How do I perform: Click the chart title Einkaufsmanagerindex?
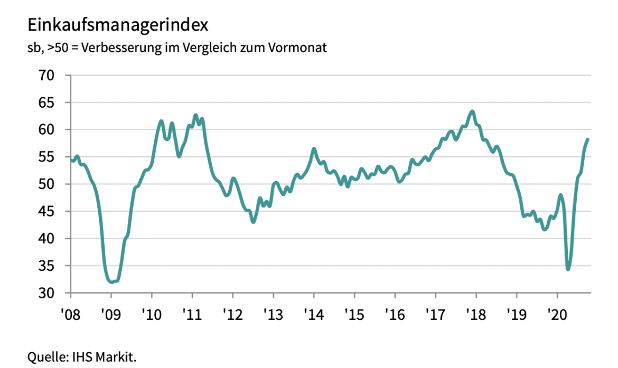pos(118,25)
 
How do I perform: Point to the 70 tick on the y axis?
pos(46,76)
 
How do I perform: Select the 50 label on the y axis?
pos(46,184)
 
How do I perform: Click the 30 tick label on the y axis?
pos(46,293)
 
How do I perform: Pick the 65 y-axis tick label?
pos(46,102)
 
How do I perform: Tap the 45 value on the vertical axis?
pos(46,211)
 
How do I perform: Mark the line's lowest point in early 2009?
pos(111,282)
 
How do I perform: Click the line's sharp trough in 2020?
pos(568,269)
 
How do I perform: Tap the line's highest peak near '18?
pos(472,111)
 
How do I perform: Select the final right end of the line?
pos(588,139)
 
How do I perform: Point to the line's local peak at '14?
pos(314,149)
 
